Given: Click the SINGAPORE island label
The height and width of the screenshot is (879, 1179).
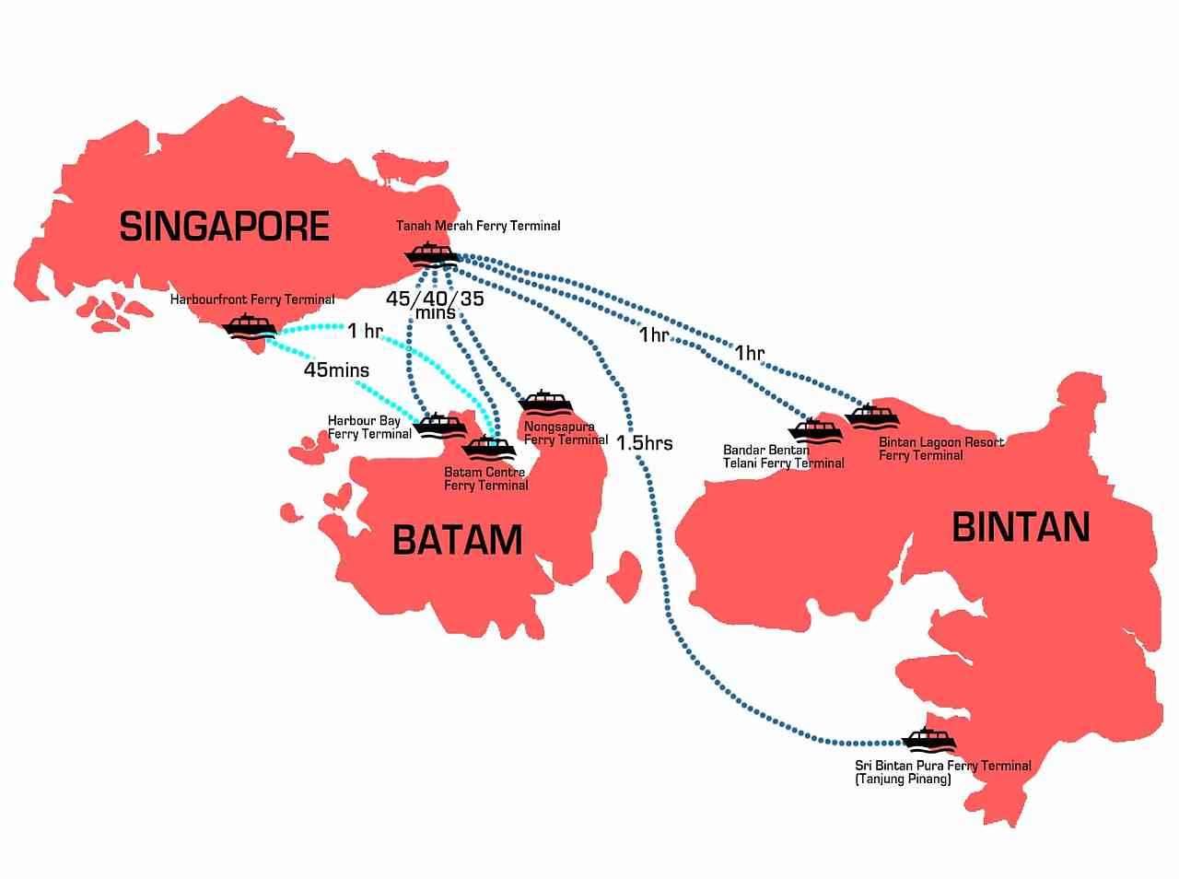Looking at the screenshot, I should pos(224,226).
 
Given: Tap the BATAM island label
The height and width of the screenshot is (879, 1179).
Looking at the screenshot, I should pos(457,539).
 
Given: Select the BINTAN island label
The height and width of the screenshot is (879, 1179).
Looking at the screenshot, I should pos(1021,527).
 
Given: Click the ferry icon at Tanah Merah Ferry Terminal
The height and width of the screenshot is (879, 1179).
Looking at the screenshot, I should pos(430,253).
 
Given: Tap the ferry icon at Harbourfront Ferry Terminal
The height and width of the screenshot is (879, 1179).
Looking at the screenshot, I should pos(249,327).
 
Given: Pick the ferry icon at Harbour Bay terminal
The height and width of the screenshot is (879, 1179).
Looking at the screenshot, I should pos(440,426).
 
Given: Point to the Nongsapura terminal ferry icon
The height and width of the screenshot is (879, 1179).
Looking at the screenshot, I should pos(546,403).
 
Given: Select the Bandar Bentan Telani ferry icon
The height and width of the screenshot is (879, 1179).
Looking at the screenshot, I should pos(815,431).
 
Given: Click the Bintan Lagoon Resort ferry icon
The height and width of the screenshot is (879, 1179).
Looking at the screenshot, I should pos(871,416).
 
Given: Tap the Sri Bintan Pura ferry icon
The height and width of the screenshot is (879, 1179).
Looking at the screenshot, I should pos(928,740).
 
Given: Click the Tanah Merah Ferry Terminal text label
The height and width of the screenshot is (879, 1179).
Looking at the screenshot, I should pos(478,226).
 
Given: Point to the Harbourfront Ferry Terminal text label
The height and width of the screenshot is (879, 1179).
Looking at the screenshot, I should pos(252,299).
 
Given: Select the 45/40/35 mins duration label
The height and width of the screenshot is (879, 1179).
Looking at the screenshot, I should pos(435,305).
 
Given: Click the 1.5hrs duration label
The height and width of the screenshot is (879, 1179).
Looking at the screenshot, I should pos(644,443).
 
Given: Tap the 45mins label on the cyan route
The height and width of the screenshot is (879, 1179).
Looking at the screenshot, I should pos(336,370).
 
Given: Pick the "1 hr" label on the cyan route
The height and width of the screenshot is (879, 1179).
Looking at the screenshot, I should pos(365,331).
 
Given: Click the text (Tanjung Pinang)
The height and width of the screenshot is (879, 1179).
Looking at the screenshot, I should pos(903,779).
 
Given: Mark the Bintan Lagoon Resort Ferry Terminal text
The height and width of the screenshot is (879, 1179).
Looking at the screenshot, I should pos(940,449).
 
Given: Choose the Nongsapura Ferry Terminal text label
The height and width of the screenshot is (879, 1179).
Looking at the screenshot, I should pos(566,433).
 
